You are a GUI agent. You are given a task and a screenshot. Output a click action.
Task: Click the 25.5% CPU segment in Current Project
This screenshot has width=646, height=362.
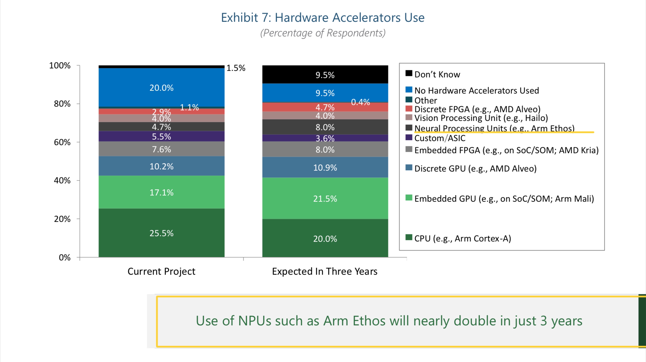161,233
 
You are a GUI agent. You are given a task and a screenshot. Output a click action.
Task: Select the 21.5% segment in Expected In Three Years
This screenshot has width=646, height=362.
325,199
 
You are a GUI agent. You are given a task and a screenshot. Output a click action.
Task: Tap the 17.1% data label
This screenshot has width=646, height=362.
161,192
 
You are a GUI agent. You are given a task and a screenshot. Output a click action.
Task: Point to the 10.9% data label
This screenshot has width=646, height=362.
325,168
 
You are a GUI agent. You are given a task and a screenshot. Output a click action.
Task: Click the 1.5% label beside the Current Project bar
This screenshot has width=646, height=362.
236,68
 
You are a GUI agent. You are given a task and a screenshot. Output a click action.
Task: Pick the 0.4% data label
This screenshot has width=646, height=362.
360,102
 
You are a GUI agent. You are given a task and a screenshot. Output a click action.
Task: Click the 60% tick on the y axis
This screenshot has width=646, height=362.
62,142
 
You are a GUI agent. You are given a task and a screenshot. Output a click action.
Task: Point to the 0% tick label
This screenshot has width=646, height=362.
65,257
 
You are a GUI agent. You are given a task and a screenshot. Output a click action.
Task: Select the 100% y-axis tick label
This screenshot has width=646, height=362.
60,66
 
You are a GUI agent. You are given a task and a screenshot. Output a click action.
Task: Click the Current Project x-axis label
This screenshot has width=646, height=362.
161,271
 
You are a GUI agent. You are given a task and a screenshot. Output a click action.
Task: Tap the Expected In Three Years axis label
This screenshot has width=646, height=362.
325,271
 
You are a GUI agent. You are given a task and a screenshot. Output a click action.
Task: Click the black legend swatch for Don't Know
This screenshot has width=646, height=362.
409,73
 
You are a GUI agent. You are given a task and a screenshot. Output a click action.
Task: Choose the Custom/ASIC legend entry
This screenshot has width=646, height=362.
440,138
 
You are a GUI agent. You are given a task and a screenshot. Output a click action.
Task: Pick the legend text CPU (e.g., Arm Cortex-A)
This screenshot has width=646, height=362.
462,238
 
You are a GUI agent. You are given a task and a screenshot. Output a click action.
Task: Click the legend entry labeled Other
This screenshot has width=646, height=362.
425,100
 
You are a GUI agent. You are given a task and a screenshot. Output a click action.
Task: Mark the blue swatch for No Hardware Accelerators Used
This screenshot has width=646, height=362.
409,90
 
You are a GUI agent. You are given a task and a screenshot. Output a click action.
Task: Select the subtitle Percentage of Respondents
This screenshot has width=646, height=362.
323,33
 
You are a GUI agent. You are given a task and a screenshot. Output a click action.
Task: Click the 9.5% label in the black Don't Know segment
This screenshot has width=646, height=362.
325,75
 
